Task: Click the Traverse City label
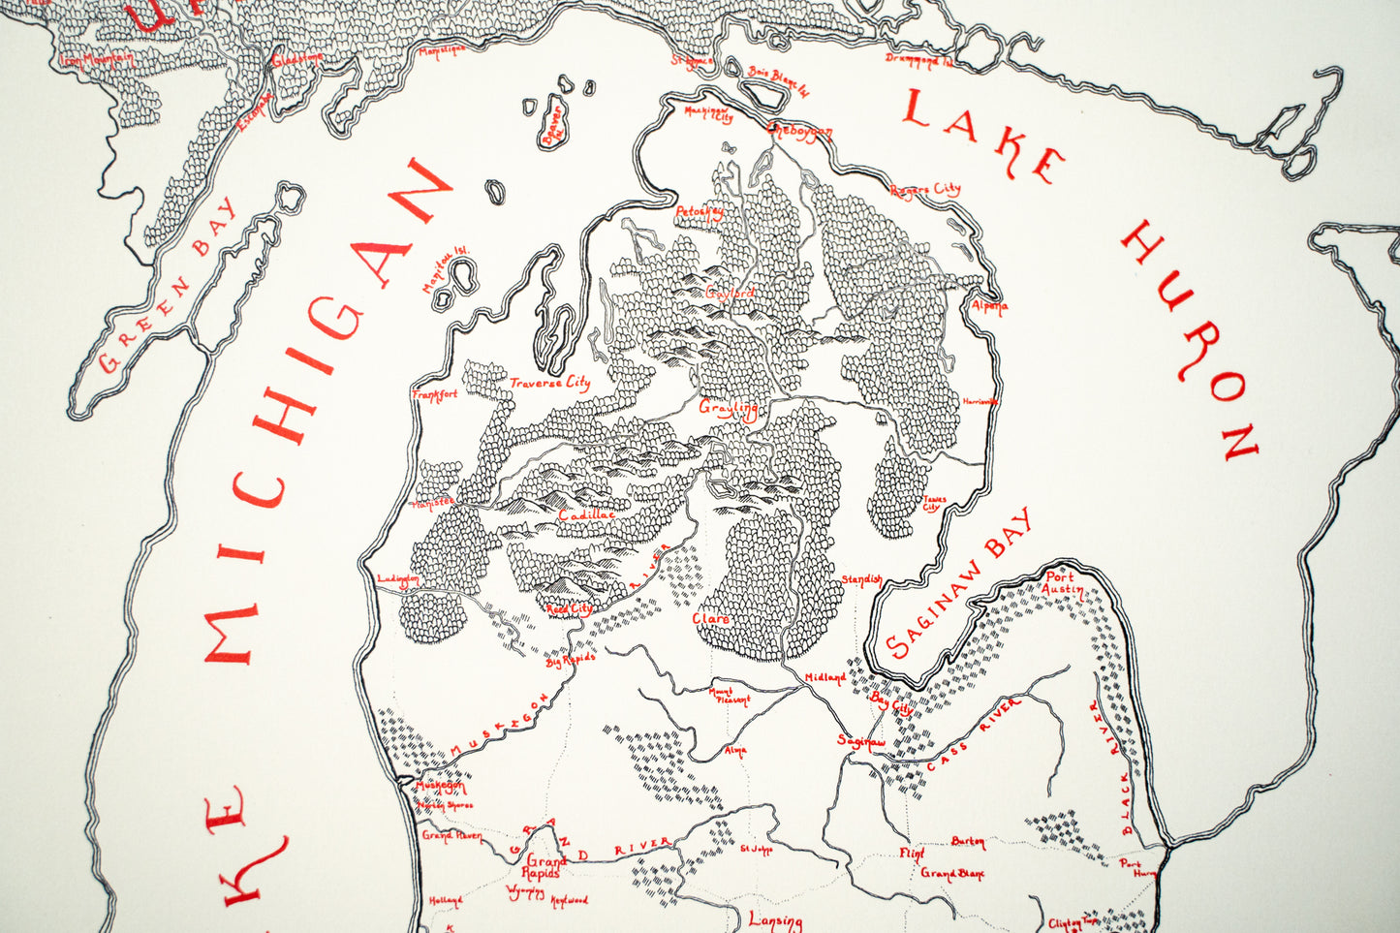point(549,383)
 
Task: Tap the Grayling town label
point(729,408)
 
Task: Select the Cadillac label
point(586,515)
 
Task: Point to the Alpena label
point(989,306)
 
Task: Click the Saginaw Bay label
point(959,584)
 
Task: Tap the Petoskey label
point(700,210)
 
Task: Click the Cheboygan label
point(799,129)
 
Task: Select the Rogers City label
point(924,189)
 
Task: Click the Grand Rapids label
point(545,865)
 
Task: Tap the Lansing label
point(775,921)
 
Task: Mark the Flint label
point(912,853)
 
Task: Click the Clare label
point(710,617)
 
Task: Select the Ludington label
point(397,579)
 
